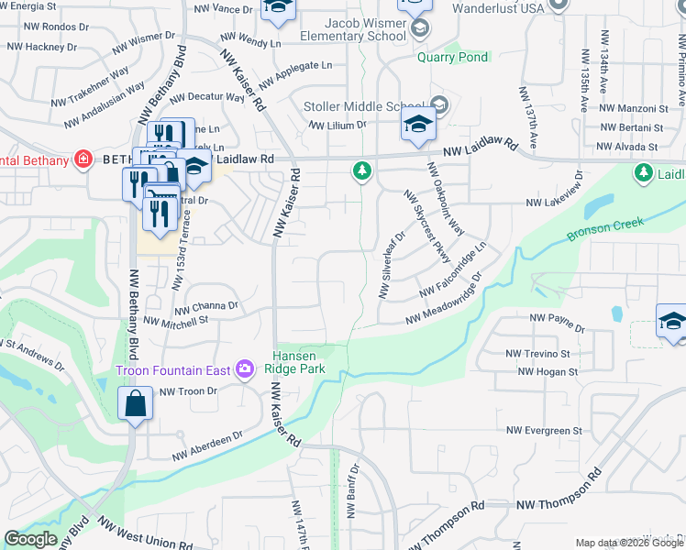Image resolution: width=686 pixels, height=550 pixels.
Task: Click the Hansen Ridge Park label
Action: (x=295, y=362)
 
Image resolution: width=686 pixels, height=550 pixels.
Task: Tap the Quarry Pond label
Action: (x=452, y=57)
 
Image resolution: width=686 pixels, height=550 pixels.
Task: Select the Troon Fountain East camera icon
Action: (x=245, y=369)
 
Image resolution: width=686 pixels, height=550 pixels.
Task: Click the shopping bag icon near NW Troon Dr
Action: (x=136, y=404)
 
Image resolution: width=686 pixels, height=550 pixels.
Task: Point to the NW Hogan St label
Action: (x=548, y=372)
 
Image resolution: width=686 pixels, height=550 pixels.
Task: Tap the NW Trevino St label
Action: (x=537, y=353)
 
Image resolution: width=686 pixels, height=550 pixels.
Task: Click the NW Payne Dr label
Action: (x=558, y=323)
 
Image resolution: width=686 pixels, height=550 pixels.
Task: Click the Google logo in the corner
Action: (x=30, y=539)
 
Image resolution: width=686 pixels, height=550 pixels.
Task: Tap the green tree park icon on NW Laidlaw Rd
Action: (x=363, y=170)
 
